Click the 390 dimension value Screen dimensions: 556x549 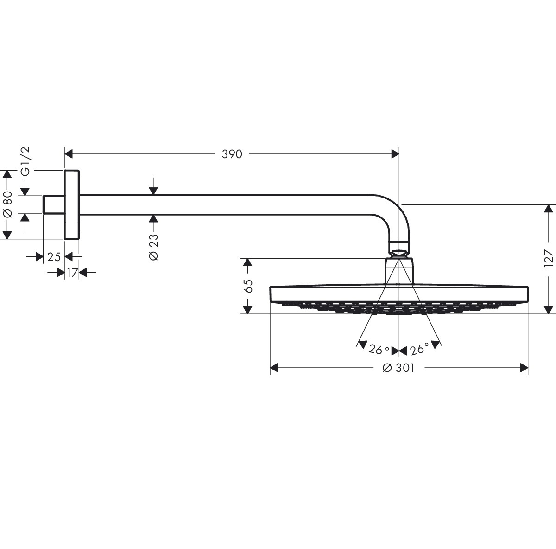coord(232,154)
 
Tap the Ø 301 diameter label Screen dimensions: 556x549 coord(398,368)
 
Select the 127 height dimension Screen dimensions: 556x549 coord(549,258)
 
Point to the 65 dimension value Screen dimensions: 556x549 coord(248,286)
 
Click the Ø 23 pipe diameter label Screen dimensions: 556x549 coord(153,247)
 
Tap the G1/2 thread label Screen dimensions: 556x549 coord(25,162)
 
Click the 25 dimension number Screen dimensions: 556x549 coord(54,257)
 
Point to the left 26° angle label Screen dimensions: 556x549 coord(379,350)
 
